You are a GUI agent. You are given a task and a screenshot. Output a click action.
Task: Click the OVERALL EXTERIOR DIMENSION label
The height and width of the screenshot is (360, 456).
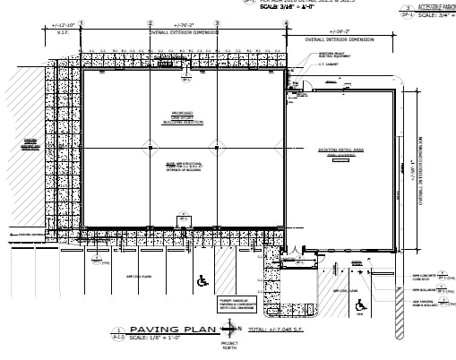tap(182, 34)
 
